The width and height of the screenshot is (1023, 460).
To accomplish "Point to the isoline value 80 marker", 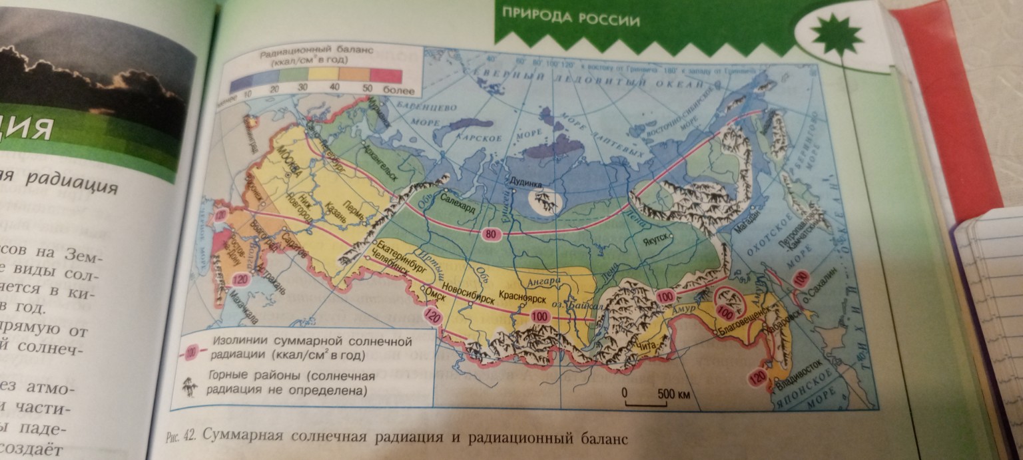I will click(x=489, y=234).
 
